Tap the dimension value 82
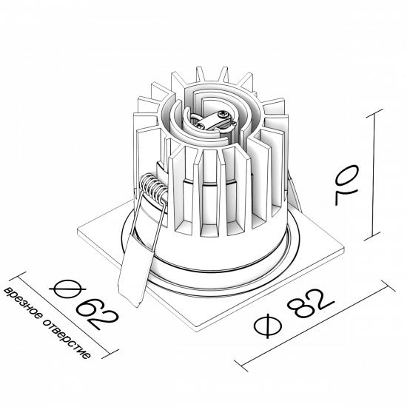[311, 303]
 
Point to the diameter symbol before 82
[268, 326]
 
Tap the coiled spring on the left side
[153, 188]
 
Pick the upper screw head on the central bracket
[223, 114]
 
